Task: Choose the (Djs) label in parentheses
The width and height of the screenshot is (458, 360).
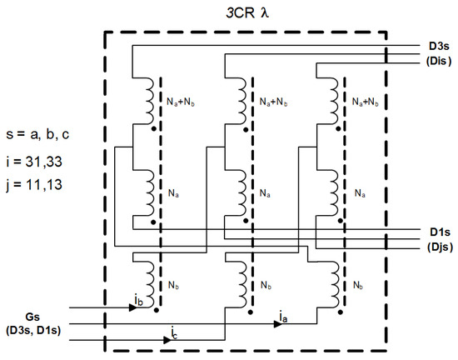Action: (435, 246)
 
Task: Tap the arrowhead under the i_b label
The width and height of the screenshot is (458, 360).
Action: (133, 307)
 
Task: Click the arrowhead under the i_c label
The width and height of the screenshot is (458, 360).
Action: (168, 341)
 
